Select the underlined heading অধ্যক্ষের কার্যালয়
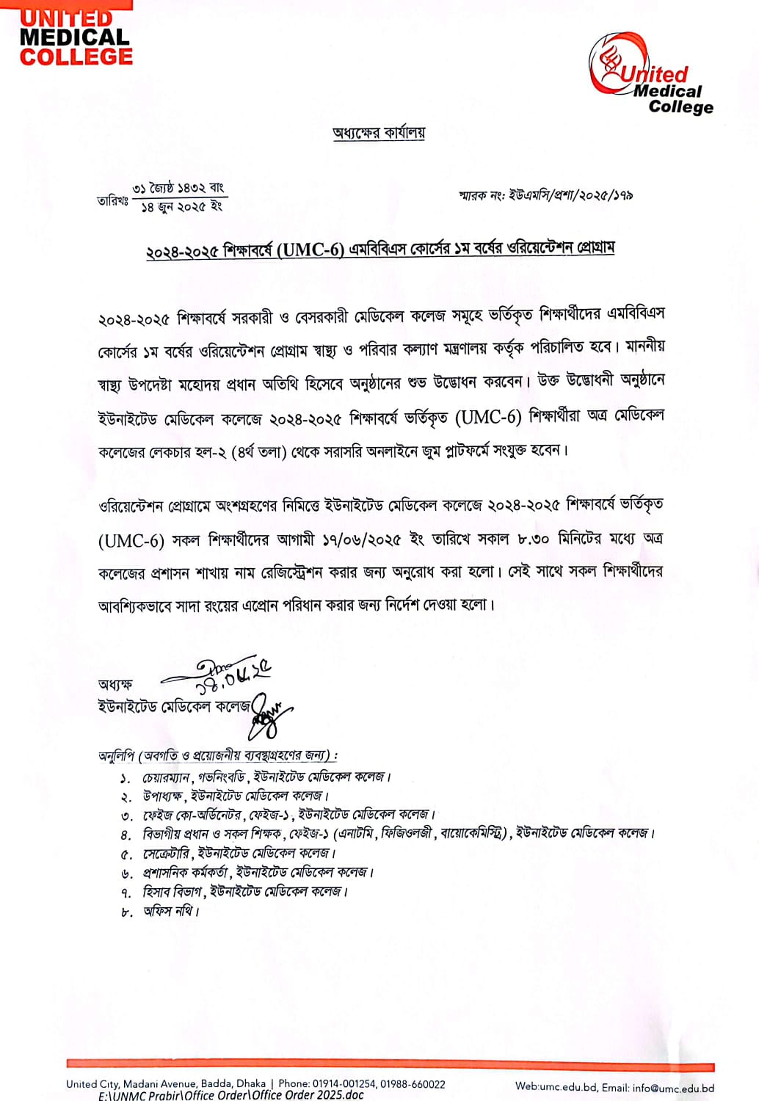(x=379, y=133)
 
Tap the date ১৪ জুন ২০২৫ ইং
(x=181, y=207)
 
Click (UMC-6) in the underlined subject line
(x=312, y=250)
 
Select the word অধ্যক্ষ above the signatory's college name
(x=115, y=684)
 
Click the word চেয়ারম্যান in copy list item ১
(x=167, y=777)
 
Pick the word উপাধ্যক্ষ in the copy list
(x=162, y=796)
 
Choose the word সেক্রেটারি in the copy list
(x=167, y=854)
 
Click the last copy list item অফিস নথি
(x=170, y=911)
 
